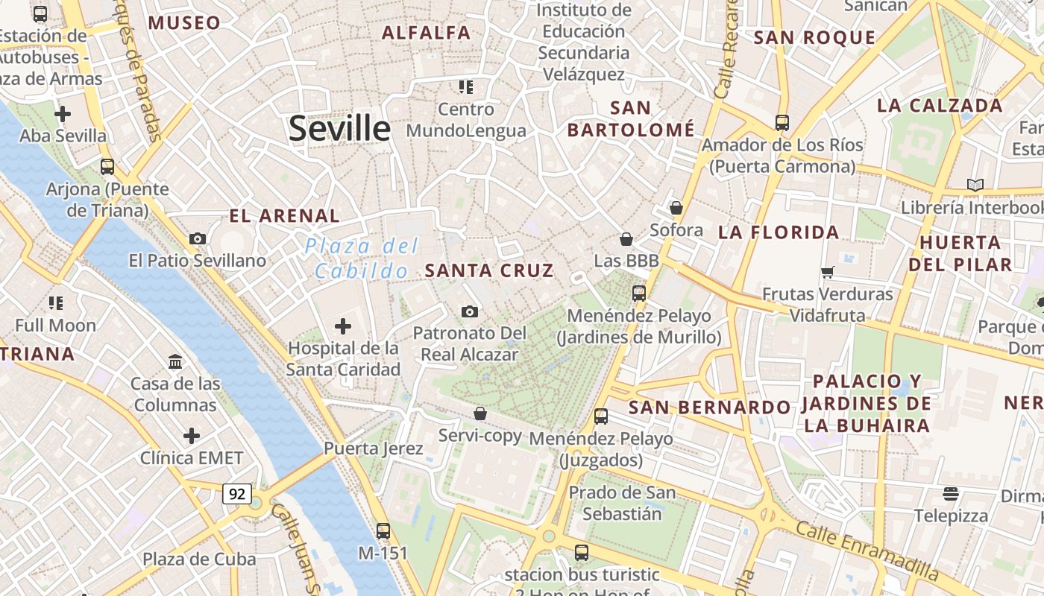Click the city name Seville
click(339, 128)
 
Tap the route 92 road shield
click(237, 493)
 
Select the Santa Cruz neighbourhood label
click(489, 270)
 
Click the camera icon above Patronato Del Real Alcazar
click(469, 311)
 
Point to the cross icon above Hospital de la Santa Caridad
click(343, 326)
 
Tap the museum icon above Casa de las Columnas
click(175, 362)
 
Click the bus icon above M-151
click(383, 531)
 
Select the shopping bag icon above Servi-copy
click(480, 413)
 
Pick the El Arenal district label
click(284, 217)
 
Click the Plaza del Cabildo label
click(362, 259)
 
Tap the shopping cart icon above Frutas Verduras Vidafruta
click(827, 273)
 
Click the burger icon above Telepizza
click(950, 493)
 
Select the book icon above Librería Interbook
click(975, 185)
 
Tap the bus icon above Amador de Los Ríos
click(782, 123)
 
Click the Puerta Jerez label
click(373, 448)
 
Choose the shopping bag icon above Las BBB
click(626, 239)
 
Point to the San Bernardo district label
click(709, 408)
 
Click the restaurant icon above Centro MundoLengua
click(466, 87)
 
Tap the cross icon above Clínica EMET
click(192, 436)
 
